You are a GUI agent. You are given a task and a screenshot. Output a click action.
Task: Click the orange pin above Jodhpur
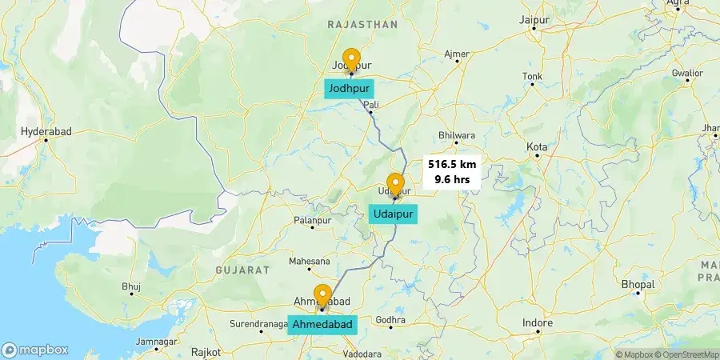pyautogui.click(x=350, y=61)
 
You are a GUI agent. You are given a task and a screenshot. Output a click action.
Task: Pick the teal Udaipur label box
pyautogui.click(x=393, y=214)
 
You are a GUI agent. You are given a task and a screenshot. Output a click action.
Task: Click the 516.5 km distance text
pyautogui.click(x=452, y=164)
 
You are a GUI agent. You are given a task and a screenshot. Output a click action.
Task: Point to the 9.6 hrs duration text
pyautogui.click(x=452, y=179)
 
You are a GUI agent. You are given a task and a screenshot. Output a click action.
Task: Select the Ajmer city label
pyautogui.click(x=457, y=54)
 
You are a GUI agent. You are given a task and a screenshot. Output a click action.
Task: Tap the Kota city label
pyautogui.click(x=537, y=146)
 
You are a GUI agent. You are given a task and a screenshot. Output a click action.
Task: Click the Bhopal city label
pyautogui.click(x=638, y=285)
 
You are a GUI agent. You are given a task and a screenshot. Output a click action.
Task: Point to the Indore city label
pyautogui.click(x=538, y=323)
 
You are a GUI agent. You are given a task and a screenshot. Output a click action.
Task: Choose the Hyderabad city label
pyautogui.click(x=46, y=130)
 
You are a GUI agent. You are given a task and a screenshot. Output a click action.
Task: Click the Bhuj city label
pyautogui.click(x=130, y=286)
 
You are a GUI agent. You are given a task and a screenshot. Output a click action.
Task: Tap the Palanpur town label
pyautogui.click(x=312, y=219)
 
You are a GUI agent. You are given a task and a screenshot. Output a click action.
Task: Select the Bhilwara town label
pyautogui.click(x=457, y=136)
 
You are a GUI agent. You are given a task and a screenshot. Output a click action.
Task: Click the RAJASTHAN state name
pyautogui.click(x=362, y=25)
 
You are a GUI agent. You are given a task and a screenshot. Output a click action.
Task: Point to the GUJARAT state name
pyautogui.click(x=242, y=270)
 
